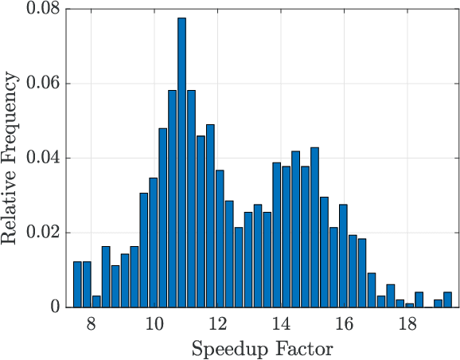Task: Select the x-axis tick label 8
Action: click(x=91, y=324)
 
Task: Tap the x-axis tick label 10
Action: click(x=154, y=324)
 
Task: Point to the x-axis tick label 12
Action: click(x=217, y=324)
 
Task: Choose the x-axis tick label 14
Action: click(x=280, y=324)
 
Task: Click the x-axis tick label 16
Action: click(x=344, y=324)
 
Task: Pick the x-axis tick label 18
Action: click(x=407, y=324)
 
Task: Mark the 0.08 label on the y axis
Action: click(x=44, y=9)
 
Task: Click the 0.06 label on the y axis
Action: click(x=44, y=84)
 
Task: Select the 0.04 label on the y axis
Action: click(x=44, y=158)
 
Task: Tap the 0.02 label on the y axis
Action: click(x=44, y=233)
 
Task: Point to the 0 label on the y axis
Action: click(x=57, y=307)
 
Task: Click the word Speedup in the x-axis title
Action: click(x=228, y=348)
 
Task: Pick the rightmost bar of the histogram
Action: click(x=447, y=299)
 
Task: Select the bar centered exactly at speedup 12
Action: click(x=220, y=239)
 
